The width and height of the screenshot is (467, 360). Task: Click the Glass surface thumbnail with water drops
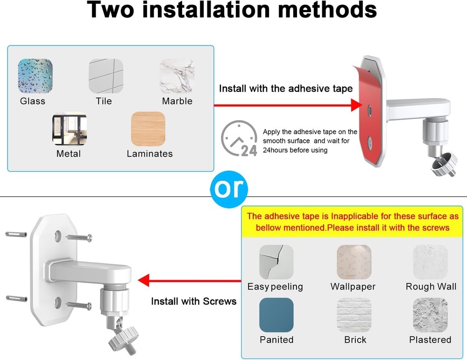pos(35,76)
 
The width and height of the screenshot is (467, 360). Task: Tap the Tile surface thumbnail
pos(106,76)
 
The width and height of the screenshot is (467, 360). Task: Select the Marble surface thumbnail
pos(177,76)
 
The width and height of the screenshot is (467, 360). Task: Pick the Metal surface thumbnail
pos(70,128)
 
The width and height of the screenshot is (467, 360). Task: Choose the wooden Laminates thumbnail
pos(148,128)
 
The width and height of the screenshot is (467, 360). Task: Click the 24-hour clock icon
pos(239,139)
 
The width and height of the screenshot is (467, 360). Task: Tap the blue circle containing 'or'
pos(229,189)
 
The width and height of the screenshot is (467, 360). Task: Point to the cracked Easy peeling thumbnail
pos(276,262)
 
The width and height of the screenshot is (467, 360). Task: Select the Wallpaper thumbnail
pos(354,262)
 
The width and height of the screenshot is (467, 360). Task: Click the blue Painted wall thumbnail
pos(276,315)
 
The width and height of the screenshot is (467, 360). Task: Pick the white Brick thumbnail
pos(354,315)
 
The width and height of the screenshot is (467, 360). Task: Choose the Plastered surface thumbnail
pos(431,315)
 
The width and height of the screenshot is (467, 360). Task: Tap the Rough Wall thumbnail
pos(431,262)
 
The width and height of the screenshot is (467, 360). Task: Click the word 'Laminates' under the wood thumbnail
pos(149,154)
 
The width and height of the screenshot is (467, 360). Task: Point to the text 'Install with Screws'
pos(194,301)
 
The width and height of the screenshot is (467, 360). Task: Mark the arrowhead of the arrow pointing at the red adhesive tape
pos(356,105)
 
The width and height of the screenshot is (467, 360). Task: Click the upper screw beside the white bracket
pos(79,237)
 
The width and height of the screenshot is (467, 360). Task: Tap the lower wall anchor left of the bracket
pos(17,298)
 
